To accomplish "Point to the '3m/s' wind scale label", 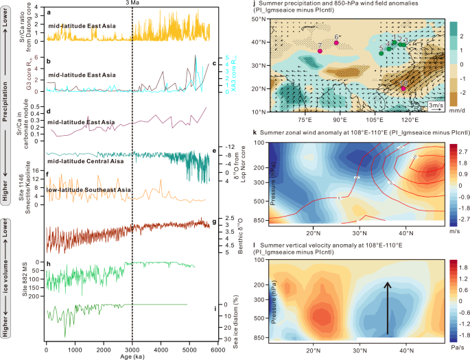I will coord(435,106).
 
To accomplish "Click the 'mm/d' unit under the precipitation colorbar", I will coord(457,107).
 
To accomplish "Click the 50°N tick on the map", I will coord(260,20).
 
